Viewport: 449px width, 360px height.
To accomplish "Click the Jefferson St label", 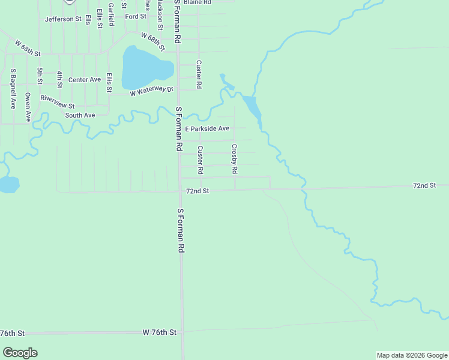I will [63, 19].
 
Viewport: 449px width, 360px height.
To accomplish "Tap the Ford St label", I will [136, 16].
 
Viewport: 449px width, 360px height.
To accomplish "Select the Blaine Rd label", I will [197, 2].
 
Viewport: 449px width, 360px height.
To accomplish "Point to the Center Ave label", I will [85, 80].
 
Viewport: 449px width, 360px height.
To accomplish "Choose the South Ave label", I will [80, 115].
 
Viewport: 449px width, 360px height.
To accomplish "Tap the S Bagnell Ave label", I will [13, 88].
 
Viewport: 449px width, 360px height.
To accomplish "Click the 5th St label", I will [40, 76].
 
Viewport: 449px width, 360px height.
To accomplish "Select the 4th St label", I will [60, 79].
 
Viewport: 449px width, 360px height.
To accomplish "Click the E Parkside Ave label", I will [207, 128].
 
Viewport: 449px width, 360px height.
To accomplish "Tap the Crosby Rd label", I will [235, 159].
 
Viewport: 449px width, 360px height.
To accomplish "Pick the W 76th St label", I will [160, 332].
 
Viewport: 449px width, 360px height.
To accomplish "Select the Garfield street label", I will [112, 13].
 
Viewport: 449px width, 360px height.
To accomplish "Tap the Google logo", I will [20, 353].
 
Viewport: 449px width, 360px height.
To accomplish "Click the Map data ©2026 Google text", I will [412, 355].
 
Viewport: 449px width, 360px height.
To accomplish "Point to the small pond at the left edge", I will [8, 184].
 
